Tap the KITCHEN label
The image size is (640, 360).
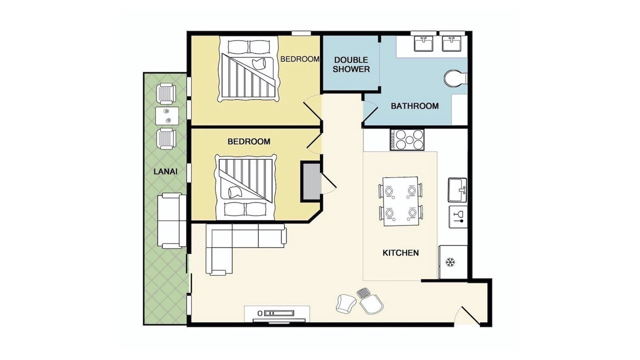click(400, 253)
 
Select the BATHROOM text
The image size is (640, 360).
click(414, 106)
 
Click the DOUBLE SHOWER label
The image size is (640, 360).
click(351, 64)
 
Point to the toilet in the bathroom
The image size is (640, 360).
click(455, 78)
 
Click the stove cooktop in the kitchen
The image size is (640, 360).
click(407, 139)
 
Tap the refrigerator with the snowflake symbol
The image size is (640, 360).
click(453, 262)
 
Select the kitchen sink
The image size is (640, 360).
click(457, 190)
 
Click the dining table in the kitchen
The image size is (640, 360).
click(400, 201)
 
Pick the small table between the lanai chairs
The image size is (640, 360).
click(167, 115)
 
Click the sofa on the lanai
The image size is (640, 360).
click(171, 221)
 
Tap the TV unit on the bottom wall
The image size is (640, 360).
click(277, 315)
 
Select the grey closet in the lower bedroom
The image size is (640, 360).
click(310, 181)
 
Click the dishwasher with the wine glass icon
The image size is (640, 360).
click(458, 216)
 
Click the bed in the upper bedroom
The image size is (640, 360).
click(248, 69)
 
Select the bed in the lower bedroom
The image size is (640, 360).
click(245, 187)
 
